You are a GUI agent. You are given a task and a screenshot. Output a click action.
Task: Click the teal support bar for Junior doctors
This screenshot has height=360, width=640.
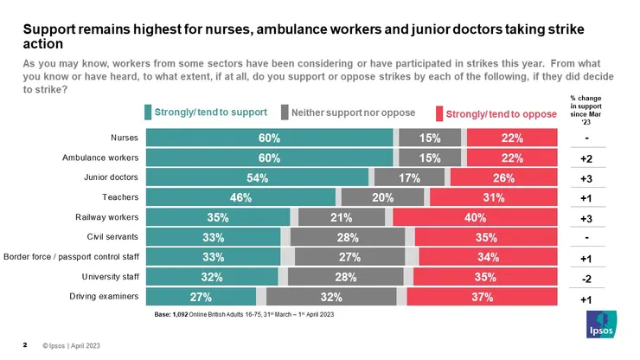(257, 177)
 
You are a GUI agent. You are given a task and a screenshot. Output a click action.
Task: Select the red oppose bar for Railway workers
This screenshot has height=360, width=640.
(474, 217)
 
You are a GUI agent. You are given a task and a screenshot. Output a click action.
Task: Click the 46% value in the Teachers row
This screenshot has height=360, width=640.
(240, 197)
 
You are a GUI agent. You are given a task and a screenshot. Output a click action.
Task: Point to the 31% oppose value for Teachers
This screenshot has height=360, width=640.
(491, 197)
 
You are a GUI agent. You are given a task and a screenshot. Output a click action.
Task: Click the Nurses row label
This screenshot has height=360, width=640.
(125, 138)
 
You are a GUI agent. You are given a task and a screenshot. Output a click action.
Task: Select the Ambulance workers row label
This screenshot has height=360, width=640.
(100, 157)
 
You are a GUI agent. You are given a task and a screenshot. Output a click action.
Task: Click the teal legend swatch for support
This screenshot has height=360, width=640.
(148, 112)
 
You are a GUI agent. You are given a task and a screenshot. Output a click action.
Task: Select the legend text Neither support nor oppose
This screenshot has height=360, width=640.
(353, 112)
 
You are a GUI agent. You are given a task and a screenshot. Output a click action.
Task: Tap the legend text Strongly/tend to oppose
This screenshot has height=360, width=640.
(502, 113)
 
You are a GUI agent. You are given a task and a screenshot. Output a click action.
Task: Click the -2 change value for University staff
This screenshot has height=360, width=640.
(586, 279)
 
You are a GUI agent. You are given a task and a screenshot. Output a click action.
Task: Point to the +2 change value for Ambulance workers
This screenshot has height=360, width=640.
(586, 159)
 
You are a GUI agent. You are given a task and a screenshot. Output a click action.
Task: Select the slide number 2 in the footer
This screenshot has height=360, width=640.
(25, 344)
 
